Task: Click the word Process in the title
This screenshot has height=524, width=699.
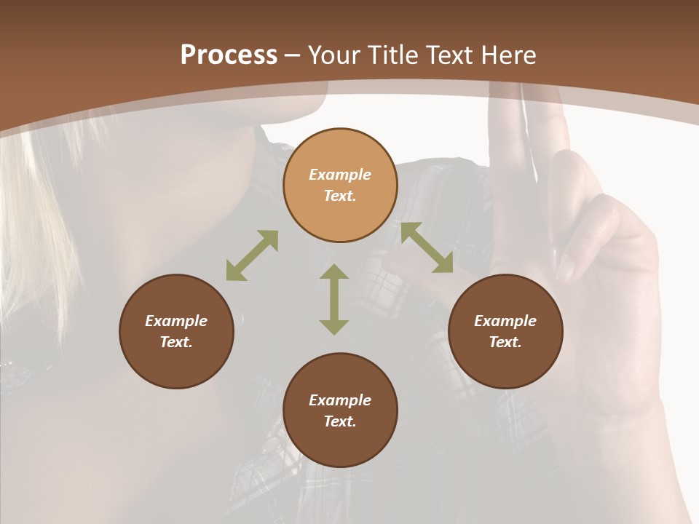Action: pos(229,55)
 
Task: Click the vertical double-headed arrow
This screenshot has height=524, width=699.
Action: pos(334,299)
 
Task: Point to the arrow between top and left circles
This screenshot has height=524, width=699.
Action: pos(252,255)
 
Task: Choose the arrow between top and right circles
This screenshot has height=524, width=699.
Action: pos(427,247)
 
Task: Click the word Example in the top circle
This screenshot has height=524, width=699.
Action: pos(340,175)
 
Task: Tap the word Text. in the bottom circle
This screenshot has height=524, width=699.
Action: pos(340,421)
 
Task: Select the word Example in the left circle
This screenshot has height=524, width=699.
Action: pos(176,321)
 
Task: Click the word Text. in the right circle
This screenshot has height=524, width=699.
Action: pos(505,342)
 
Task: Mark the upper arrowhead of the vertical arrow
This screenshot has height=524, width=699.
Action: pos(334,273)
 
